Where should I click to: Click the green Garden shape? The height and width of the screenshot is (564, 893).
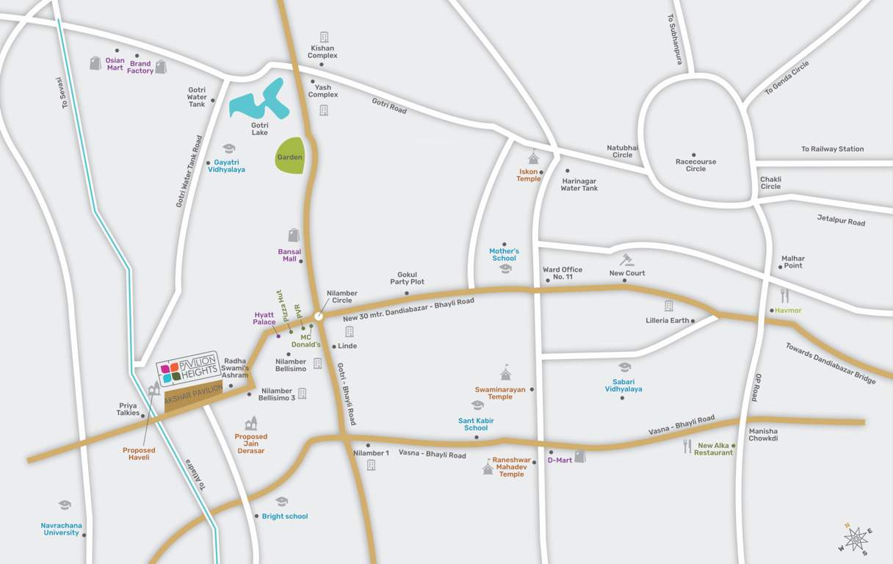[x=289, y=156]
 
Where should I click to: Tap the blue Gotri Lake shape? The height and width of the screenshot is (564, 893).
[x=256, y=101]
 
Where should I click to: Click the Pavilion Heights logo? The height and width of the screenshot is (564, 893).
[x=188, y=368]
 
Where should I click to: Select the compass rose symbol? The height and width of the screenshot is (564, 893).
[x=856, y=539]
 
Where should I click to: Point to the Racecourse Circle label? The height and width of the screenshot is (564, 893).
[x=695, y=165]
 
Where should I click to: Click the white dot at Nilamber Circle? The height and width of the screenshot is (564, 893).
[x=319, y=317]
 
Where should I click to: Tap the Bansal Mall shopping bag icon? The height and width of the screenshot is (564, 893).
[x=294, y=235]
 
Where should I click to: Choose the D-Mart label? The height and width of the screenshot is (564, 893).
[x=560, y=460]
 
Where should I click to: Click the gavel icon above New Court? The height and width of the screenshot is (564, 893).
[x=626, y=260]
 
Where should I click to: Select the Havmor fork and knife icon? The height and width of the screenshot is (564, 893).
[x=784, y=295]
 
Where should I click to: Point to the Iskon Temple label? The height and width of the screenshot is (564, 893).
[x=528, y=176]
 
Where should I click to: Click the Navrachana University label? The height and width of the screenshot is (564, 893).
[x=62, y=529]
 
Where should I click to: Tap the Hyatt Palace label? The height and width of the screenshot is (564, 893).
[x=264, y=319]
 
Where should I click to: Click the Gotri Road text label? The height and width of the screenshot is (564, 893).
[x=388, y=106]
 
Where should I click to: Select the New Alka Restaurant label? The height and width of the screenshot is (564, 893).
[x=714, y=449]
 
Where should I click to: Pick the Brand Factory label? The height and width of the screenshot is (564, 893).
[x=140, y=68]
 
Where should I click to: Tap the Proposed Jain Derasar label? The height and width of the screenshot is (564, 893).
[x=251, y=444]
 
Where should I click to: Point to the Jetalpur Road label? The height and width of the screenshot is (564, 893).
[x=841, y=220]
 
